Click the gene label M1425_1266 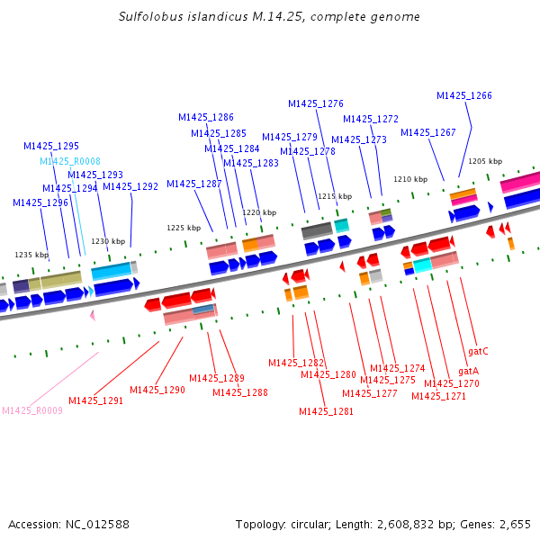click(463, 95)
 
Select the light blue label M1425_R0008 click(70, 161)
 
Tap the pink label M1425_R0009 click(32, 410)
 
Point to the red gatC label click(478, 352)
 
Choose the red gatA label click(468, 371)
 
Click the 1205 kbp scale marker click(485, 161)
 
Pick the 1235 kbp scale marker click(31, 255)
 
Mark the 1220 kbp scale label click(259, 212)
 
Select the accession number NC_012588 click(97, 525)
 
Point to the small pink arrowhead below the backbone click(93, 315)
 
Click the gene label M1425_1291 click(95, 400)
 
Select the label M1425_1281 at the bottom click(326, 411)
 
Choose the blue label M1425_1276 click(316, 103)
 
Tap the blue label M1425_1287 click(193, 184)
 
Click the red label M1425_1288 click(240, 392)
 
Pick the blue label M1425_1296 click(40, 202)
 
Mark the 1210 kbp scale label click(410, 179)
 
